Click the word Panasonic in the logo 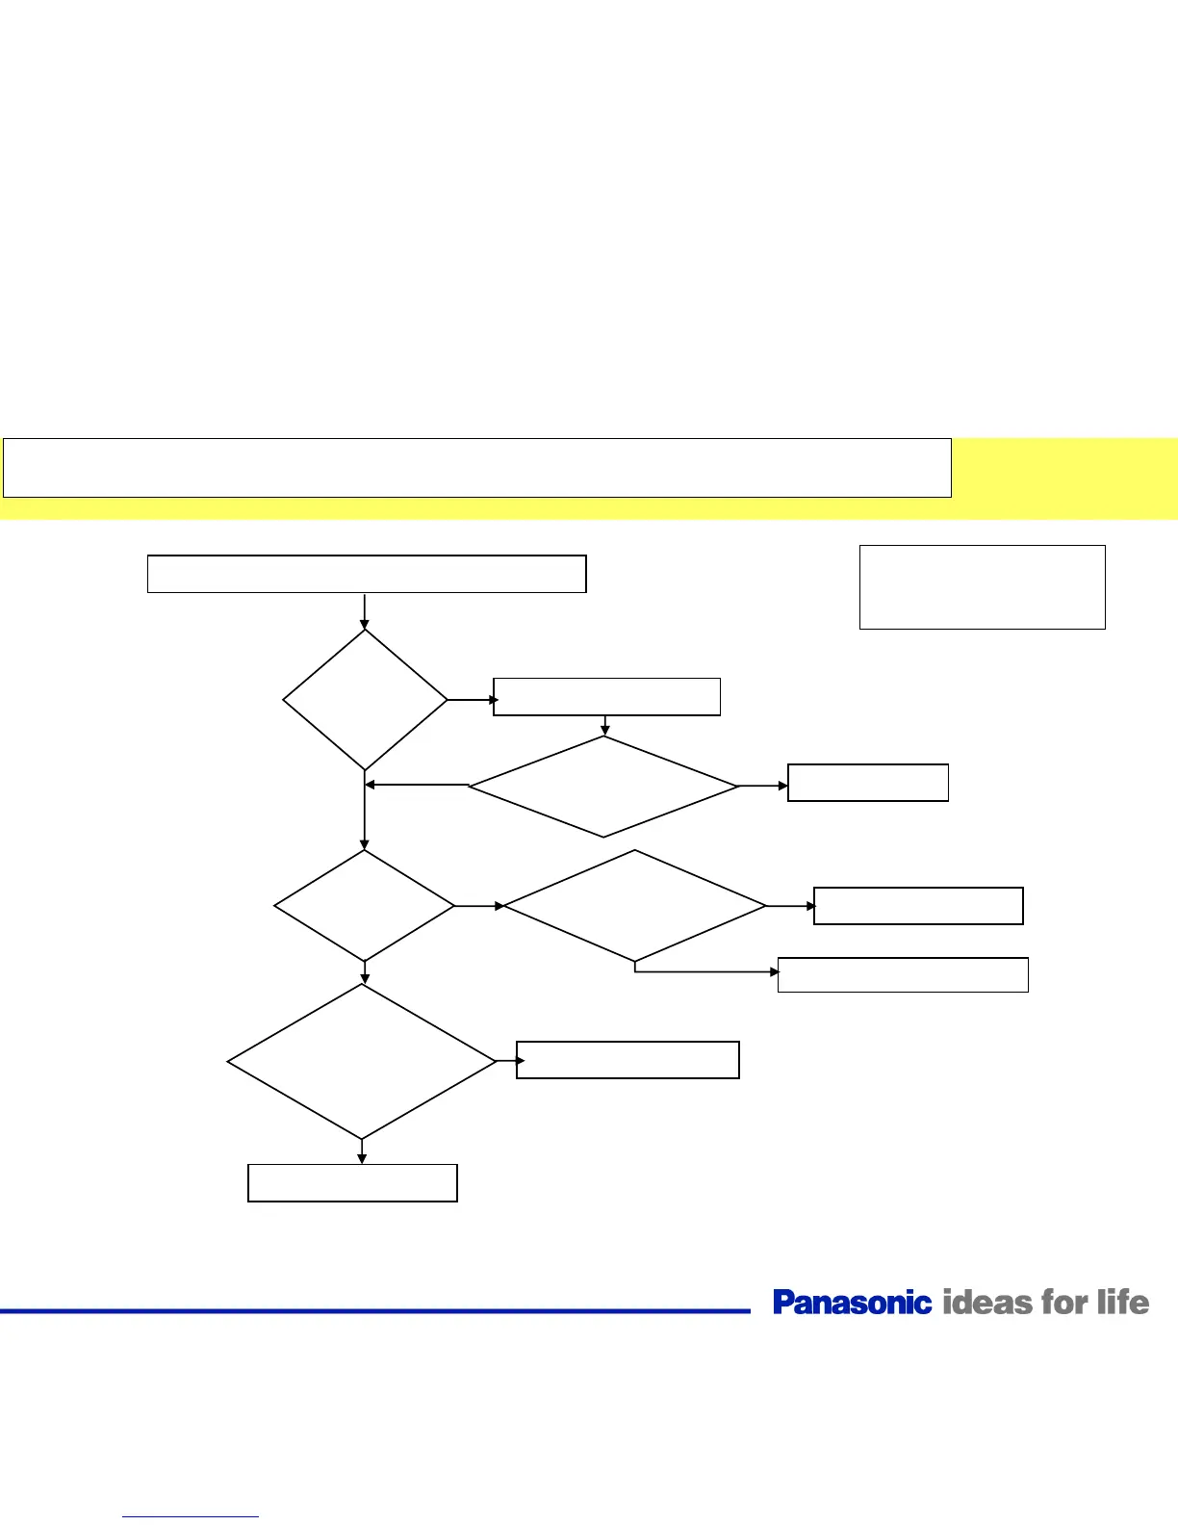coord(852,1303)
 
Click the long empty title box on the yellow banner coord(476,468)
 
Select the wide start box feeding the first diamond coord(367,574)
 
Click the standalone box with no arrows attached coord(982,587)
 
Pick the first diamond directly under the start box coord(365,700)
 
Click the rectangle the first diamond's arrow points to coord(606,696)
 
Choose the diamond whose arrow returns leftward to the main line coord(603,787)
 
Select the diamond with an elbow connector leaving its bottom coord(635,906)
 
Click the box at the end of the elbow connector coord(903,974)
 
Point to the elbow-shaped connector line coord(703,972)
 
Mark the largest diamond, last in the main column coord(362,1062)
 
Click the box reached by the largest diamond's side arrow coord(627,1060)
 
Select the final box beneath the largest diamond coord(352,1183)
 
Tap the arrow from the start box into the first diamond coord(365,611)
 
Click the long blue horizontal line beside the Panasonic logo coord(375,1310)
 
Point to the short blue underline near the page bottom coord(191,1517)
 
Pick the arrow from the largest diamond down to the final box coord(362,1151)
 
